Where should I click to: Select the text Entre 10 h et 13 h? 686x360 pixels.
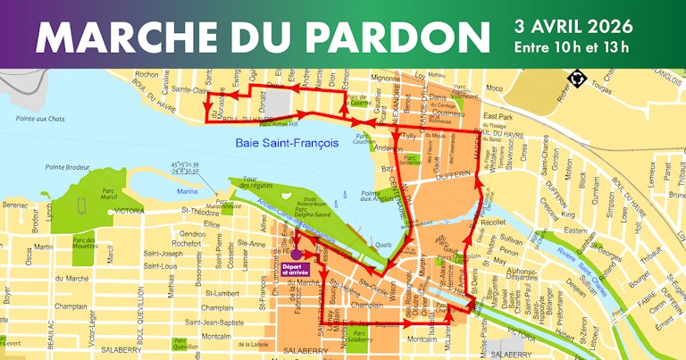(572, 46)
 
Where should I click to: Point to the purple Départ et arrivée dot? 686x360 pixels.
(296, 254)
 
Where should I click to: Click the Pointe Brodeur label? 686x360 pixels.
(68, 167)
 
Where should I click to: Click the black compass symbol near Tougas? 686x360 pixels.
(574, 80)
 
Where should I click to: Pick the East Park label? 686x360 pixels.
(497, 117)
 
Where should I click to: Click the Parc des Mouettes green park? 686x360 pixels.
(84, 243)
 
